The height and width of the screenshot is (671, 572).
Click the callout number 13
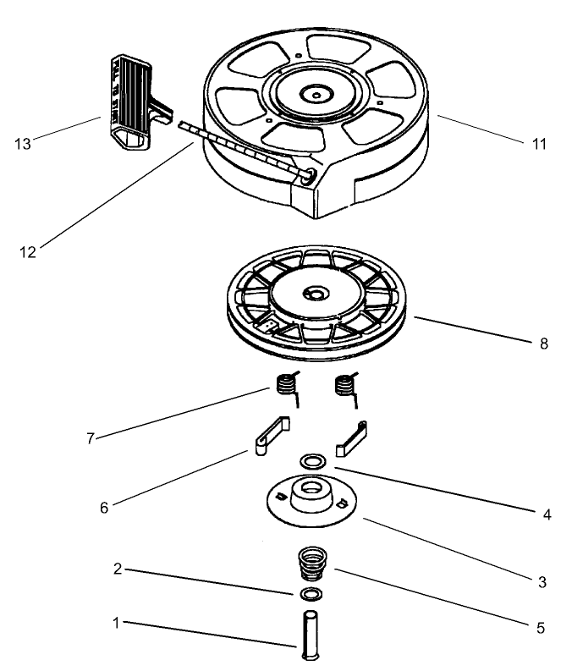pyautogui.click(x=23, y=143)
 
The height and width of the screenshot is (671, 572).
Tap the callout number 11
pyautogui.click(x=538, y=143)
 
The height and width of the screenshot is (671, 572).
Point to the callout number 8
pyautogui.click(x=543, y=343)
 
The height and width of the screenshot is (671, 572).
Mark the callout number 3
pyautogui.click(x=543, y=582)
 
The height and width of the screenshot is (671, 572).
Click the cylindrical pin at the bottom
pyautogui.click(x=309, y=631)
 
